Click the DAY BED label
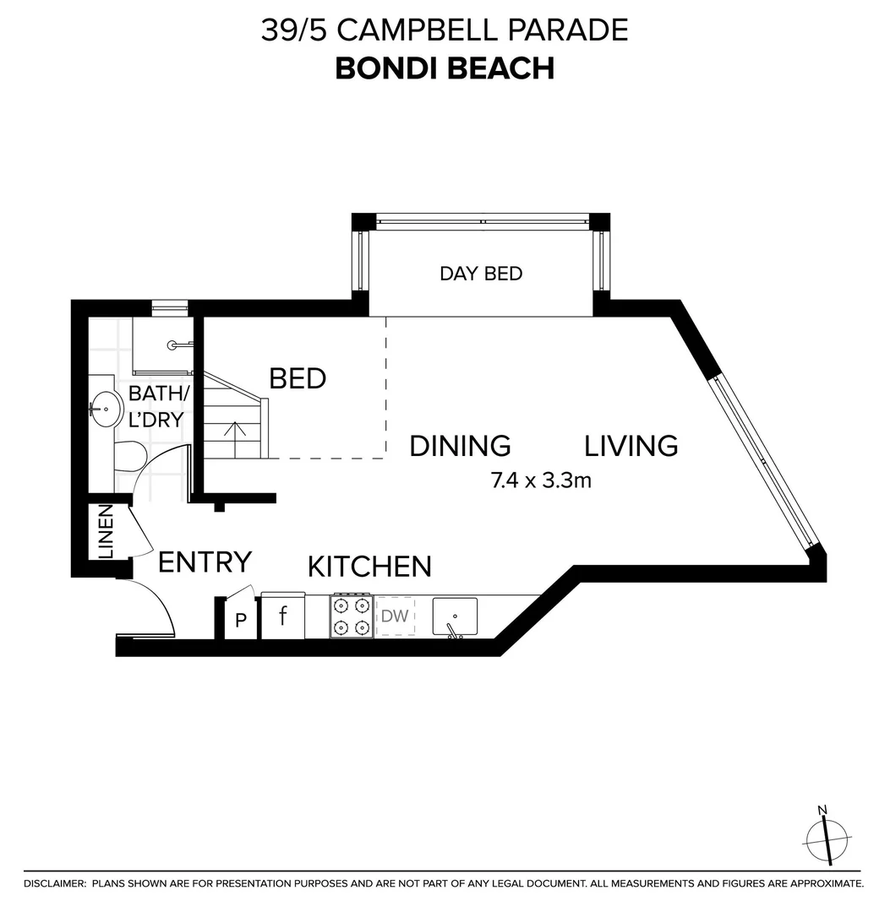(x=480, y=274)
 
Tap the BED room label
(x=298, y=378)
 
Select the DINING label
(x=460, y=445)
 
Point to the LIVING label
(x=631, y=445)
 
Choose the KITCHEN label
(x=369, y=566)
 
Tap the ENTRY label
(x=205, y=562)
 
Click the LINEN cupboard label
(x=106, y=532)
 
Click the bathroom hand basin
(x=106, y=410)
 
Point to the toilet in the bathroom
(x=128, y=456)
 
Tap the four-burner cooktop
(x=351, y=616)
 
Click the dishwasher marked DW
(x=395, y=616)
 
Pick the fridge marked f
(x=284, y=616)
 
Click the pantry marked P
(x=241, y=621)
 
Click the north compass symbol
(x=827, y=838)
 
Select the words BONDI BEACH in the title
(x=445, y=68)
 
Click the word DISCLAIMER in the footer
(x=55, y=883)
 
